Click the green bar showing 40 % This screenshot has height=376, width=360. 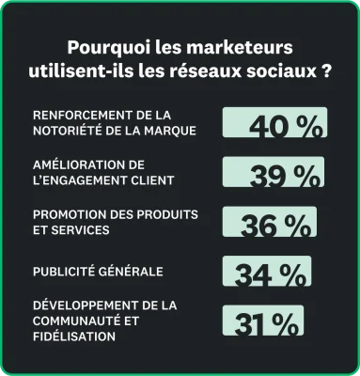(274, 123)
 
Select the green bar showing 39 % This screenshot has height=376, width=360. (273, 173)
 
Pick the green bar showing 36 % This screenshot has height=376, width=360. (269, 223)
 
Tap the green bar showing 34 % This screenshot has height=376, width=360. (266, 273)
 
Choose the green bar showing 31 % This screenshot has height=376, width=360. (262, 322)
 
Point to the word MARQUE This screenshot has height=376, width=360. (170, 130)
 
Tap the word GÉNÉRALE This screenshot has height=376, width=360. (135, 272)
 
